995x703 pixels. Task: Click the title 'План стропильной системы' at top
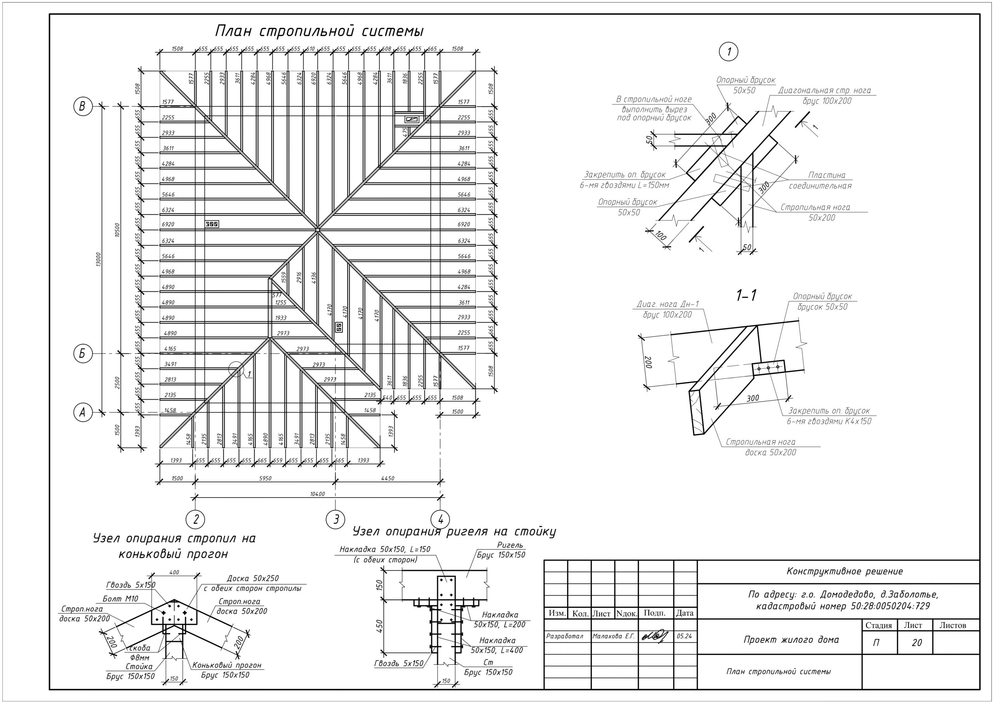click(x=319, y=31)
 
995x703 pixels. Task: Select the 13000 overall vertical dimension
click(x=99, y=259)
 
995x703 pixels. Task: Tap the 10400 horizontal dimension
click(x=318, y=494)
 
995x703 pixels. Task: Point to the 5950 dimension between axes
click(x=265, y=478)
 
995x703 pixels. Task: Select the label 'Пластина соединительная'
click(x=820, y=181)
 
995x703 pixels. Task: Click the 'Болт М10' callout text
click(x=120, y=599)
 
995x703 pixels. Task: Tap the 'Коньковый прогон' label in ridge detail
click(x=227, y=665)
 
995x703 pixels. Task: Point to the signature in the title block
click(x=655, y=636)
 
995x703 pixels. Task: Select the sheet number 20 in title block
click(x=916, y=643)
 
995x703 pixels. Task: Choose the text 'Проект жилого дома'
click(x=791, y=640)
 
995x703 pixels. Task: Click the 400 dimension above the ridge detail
click(x=174, y=572)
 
